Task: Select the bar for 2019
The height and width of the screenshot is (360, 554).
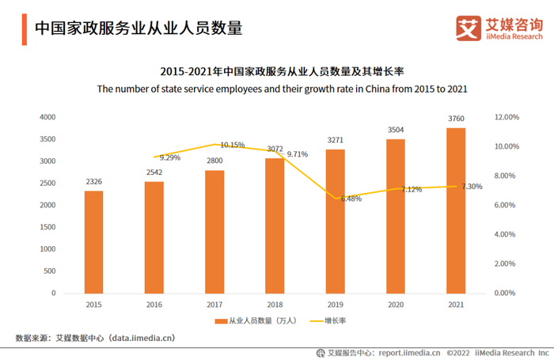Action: (x=336, y=222)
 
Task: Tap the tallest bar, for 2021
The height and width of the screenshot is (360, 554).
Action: (x=456, y=210)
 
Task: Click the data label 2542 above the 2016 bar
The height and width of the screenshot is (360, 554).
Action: (x=154, y=172)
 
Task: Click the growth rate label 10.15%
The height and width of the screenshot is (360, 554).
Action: (x=233, y=146)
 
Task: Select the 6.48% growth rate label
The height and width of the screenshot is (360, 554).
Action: (x=351, y=199)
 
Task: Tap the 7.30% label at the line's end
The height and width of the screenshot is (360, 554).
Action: (x=472, y=187)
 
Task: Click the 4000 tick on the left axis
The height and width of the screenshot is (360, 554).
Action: (x=47, y=117)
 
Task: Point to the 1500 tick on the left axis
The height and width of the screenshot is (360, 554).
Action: (x=47, y=227)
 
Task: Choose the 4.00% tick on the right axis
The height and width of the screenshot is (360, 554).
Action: (x=506, y=234)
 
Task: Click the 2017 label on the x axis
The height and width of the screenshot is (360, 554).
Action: (x=214, y=304)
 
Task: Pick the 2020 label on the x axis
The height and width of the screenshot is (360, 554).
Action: (x=396, y=304)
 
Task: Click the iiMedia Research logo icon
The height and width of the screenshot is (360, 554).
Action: (x=469, y=28)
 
